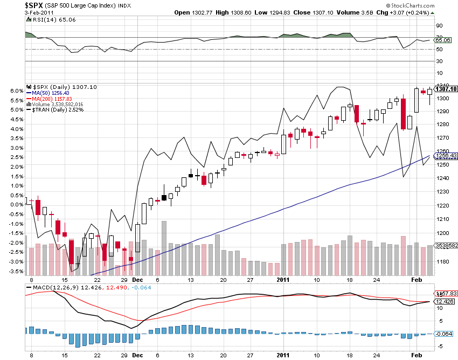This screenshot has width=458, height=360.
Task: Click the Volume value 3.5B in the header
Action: pos(354,12)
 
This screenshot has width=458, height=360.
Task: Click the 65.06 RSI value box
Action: pos(443,40)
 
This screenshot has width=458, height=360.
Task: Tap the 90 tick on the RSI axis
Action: pos(439,25)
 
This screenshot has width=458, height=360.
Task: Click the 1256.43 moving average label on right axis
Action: pos(446,156)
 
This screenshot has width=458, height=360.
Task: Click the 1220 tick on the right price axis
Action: pos(442,206)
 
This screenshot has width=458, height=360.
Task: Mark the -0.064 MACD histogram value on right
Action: pos(445,334)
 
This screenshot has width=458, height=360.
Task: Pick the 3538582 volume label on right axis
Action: pos(447,245)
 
